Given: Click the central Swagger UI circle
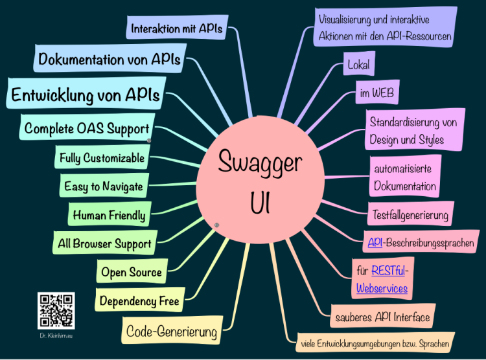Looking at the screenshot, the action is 260,180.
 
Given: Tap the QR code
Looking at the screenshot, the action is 56,310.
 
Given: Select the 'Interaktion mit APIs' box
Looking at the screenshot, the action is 177,27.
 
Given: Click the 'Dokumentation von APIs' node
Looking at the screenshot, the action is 110,58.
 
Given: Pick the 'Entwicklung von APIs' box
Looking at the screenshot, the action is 86,93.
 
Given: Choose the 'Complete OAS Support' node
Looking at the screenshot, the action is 87,127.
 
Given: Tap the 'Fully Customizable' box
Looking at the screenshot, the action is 102,157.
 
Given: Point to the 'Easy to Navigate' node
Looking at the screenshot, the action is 104,185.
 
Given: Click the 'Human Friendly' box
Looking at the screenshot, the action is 110,214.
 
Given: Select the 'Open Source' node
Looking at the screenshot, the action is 132,271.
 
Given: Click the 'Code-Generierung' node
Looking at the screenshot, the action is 172,330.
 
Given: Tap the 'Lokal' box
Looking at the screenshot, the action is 359,64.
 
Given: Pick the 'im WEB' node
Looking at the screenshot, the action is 377,92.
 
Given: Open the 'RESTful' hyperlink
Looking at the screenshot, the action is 388,271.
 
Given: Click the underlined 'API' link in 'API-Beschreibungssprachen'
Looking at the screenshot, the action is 375,242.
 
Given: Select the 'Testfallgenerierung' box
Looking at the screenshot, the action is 411,214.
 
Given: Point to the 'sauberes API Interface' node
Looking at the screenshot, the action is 383,316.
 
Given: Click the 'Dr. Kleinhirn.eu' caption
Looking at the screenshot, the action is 56,335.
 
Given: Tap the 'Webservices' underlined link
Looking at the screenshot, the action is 382,288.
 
